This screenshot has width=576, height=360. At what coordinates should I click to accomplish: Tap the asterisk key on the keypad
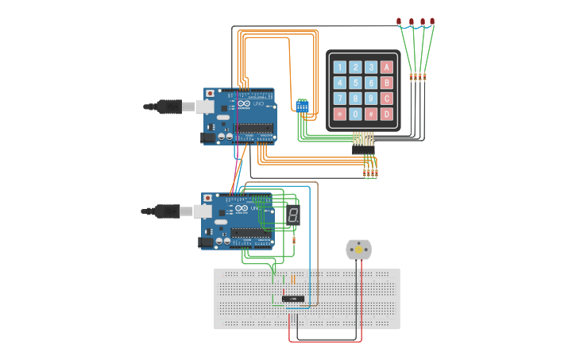pyautogui.click(x=340, y=114)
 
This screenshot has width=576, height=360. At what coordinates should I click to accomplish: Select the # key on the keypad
pyautogui.click(x=371, y=114)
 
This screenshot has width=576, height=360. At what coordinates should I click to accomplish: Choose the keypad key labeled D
pyautogui.click(x=387, y=114)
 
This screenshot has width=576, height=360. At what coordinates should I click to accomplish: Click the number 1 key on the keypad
pyautogui.click(x=340, y=68)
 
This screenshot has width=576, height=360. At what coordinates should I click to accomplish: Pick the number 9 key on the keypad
pyautogui.click(x=371, y=99)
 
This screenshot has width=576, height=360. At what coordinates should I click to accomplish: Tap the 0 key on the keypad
pyautogui.click(x=355, y=114)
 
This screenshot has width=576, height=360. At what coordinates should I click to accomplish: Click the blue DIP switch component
pyautogui.click(x=302, y=105)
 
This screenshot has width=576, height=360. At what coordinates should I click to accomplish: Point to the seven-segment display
pyautogui.click(x=293, y=215)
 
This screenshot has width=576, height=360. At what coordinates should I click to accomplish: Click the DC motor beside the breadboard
pyautogui.click(x=358, y=250)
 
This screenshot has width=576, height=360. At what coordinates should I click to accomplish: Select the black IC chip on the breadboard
pyautogui.click(x=293, y=298)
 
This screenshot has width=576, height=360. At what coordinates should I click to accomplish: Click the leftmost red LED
pyautogui.click(x=399, y=21)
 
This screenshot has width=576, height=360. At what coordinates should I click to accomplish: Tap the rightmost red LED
pyautogui.click(x=432, y=21)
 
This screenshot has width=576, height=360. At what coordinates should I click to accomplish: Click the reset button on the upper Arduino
pyautogui.click(x=210, y=94)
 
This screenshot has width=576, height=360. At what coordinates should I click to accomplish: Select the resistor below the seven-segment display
pyautogui.click(x=295, y=239)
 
